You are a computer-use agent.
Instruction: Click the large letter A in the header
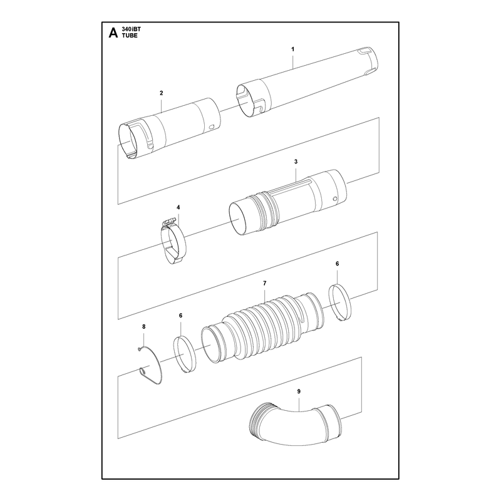click(x=113, y=33)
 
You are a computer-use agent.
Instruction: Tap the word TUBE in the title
click(x=130, y=36)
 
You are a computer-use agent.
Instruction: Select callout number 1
click(x=292, y=49)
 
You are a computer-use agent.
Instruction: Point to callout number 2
click(x=162, y=93)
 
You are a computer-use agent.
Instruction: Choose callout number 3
click(x=296, y=162)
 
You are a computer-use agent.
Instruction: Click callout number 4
click(x=178, y=207)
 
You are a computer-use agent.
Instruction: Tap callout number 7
click(x=264, y=283)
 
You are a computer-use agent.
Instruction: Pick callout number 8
click(x=144, y=326)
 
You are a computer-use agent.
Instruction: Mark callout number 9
click(x=299, y=391)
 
